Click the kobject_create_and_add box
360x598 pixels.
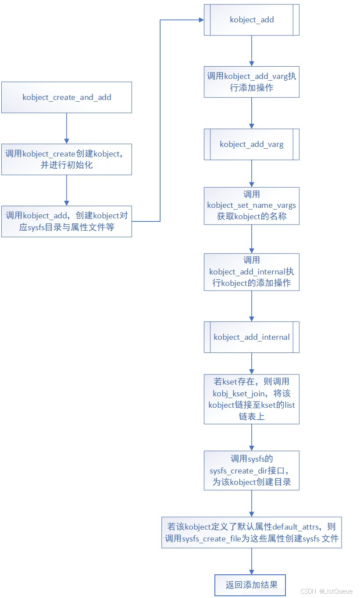pos(67,97)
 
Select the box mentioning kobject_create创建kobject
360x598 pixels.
pos(67,159)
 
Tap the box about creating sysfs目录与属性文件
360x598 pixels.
pos(67,221)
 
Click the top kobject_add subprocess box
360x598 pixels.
pos(252,20)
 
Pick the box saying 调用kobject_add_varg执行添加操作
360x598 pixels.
pos(252,82)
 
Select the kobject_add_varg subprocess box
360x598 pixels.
pos(252,144)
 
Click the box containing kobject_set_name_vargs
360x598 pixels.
pos(252,206)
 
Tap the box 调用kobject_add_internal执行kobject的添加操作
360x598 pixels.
pos(252,272)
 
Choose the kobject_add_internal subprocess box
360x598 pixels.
pos(252,337)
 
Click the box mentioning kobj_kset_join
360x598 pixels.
pos(252,399)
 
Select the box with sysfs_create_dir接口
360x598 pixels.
pos(252,470)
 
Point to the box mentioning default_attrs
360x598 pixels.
pos(252,532)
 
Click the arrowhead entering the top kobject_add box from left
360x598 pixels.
pos(201,20)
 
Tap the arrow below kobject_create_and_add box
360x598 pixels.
pos(67,128)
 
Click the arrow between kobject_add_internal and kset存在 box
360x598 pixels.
pos(252,363)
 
